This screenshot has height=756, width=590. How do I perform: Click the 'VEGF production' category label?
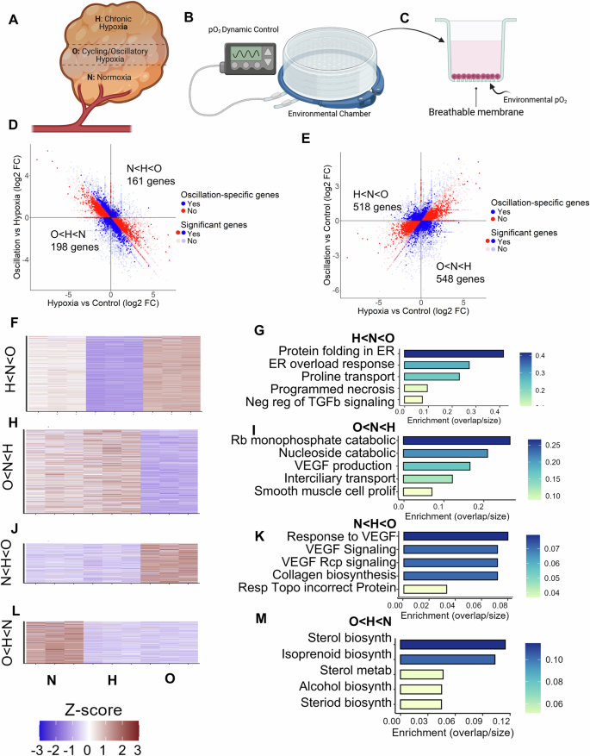(350, 466)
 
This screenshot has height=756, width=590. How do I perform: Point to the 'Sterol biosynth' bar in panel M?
(453, 620)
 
